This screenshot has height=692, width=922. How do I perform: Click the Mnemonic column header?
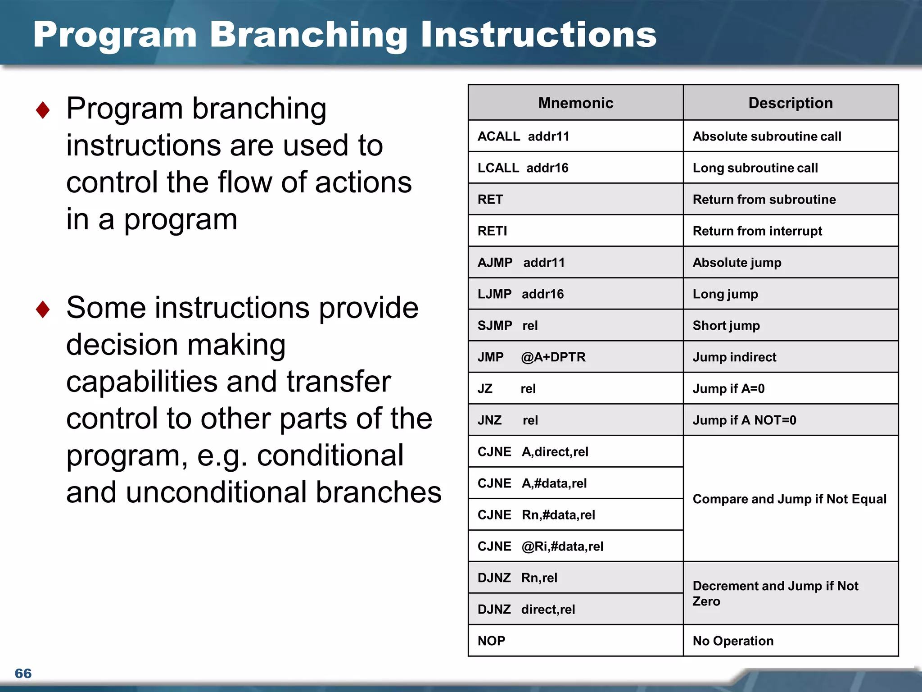(575, 103)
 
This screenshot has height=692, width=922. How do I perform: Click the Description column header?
(790, 103)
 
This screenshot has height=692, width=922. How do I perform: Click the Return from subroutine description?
(764, 199)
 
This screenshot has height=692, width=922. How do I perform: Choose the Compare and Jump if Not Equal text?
(789, 499)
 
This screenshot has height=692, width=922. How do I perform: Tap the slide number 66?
(23, 673)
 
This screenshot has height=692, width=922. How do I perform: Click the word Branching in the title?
(308, 35)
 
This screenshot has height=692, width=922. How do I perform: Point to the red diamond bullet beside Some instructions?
(43, 309)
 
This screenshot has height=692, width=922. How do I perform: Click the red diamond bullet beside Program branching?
(43, 110)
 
